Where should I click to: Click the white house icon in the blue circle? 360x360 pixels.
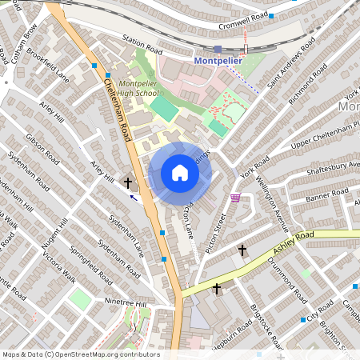(x=179, y=173)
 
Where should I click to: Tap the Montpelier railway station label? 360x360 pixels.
(x=218, y=61)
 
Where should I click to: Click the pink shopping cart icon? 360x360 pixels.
(x=235, y=197)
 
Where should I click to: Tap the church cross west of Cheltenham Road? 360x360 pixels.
(x=128, y=183)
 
